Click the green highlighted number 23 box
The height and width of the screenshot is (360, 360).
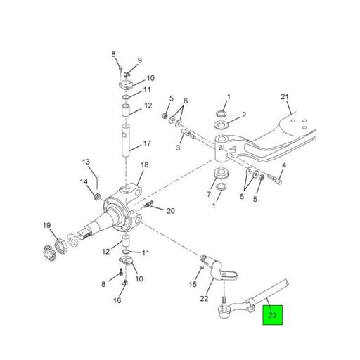point(273,315)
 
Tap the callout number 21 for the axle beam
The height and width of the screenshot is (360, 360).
point(285,97)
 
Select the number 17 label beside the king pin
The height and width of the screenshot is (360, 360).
point(147,143)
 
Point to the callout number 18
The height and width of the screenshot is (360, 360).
point(144,165)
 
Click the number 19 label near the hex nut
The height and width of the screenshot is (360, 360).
point(47,226)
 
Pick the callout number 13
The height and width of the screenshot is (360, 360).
point(86,162)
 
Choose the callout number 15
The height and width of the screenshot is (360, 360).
point(193,284)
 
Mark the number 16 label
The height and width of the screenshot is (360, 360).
point(117,300)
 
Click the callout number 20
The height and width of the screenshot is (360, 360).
point(169,210)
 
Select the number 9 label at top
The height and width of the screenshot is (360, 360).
point(139,60)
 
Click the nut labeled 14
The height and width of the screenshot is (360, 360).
point(98,195)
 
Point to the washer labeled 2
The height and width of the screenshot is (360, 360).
point(221,125)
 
